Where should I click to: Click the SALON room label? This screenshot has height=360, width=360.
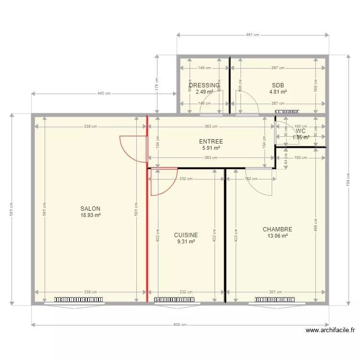coord(90,209)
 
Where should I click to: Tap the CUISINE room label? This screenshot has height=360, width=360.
coord(186,235)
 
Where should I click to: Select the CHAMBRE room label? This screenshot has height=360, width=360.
coord(277,229)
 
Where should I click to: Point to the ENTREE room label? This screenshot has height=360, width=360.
coord(211,142)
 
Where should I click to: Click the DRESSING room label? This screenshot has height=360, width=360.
coord(204,85)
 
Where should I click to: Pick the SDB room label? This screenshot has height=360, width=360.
coord(278,85)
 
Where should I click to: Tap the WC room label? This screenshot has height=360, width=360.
coord(301,131)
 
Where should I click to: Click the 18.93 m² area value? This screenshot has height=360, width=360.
coord(90,216)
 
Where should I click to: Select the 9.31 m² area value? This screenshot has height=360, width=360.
coord(186,242)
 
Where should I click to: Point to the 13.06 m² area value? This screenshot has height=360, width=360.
coord(277,236)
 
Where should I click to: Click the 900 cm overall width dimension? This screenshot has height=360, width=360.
coord(180,325)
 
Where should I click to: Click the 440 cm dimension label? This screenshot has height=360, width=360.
coord(104,94)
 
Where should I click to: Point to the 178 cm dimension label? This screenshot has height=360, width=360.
coord(156,84)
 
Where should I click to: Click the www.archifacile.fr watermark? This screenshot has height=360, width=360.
coord(331,330)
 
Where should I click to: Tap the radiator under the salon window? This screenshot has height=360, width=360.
coord(79,300)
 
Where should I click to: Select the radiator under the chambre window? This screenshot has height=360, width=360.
coord(280,300)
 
